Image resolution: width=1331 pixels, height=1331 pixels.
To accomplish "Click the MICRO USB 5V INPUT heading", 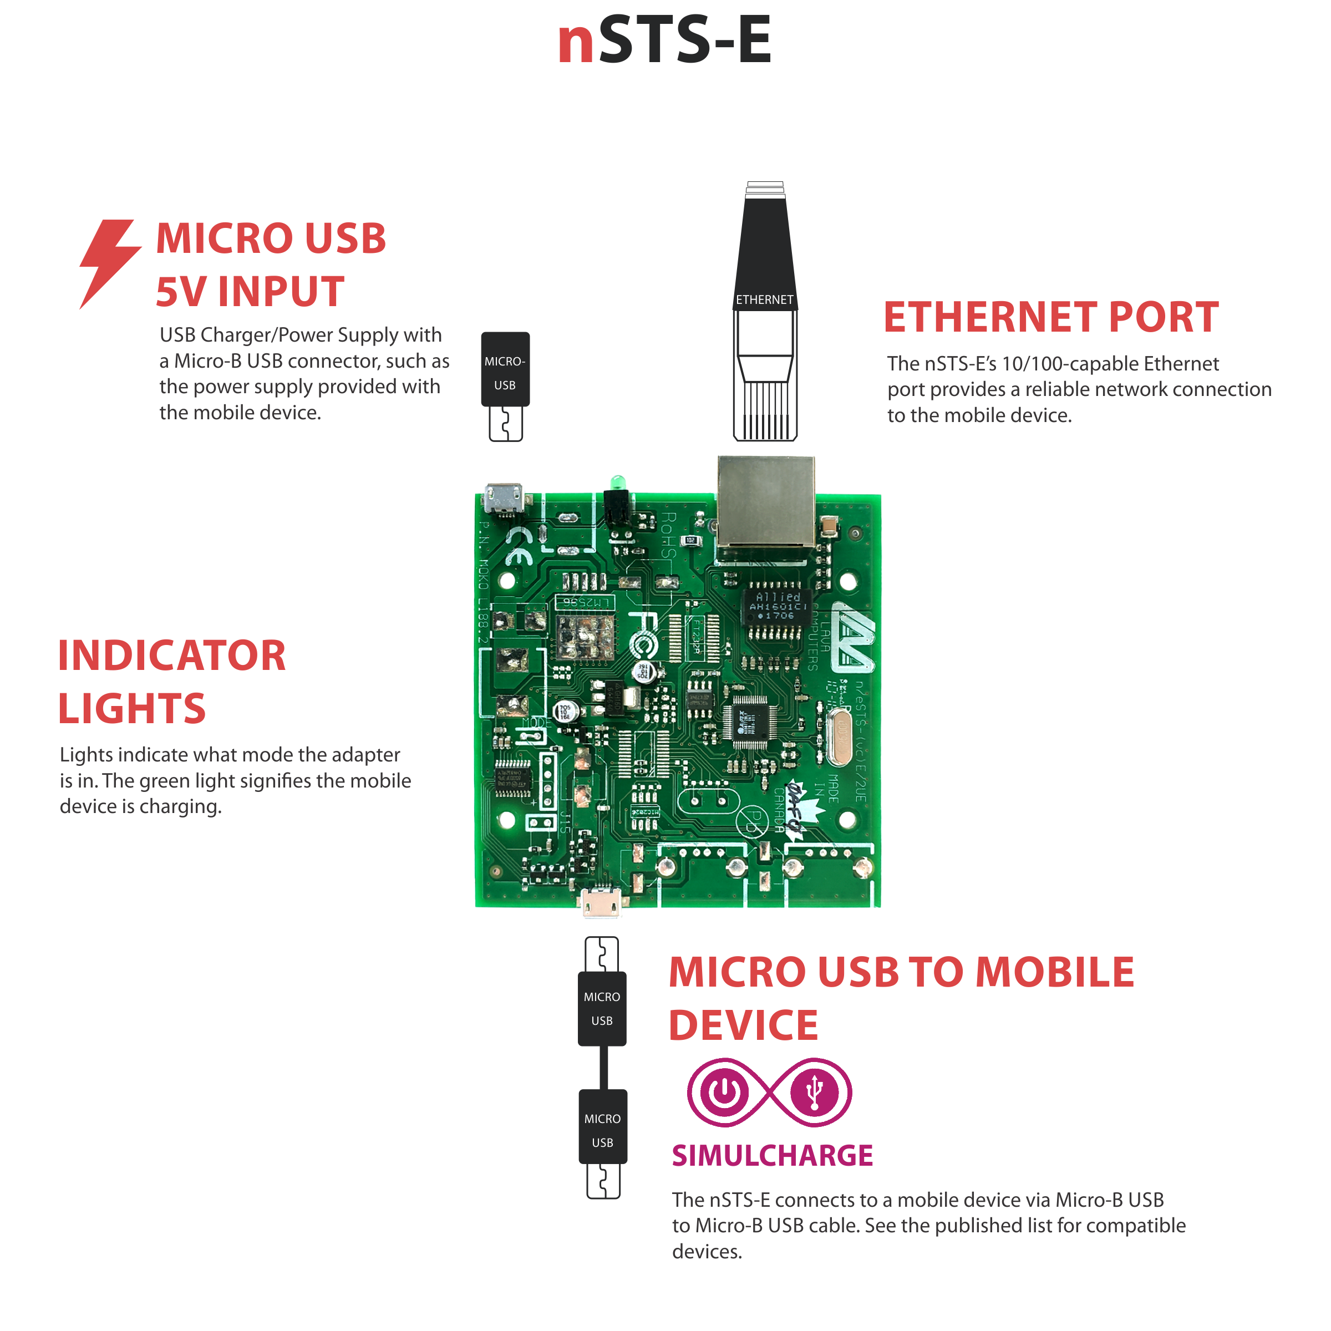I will click(270, 265).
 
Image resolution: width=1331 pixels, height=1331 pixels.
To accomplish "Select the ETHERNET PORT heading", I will click(1050, 318).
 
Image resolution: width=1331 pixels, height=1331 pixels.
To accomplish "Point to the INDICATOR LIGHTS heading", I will click(171, 682).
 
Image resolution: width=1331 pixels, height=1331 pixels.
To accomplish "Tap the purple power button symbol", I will click(724, 1092).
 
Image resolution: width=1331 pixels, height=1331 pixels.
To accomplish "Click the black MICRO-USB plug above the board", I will click(505, 370).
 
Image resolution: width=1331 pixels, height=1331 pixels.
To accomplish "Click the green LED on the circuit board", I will click(618, 481).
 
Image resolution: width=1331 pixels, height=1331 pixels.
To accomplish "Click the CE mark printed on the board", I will click(519, 546).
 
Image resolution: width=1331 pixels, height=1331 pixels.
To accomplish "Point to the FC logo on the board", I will click(643, 634).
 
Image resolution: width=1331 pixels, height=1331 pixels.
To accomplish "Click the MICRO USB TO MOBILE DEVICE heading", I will click(901, 998).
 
